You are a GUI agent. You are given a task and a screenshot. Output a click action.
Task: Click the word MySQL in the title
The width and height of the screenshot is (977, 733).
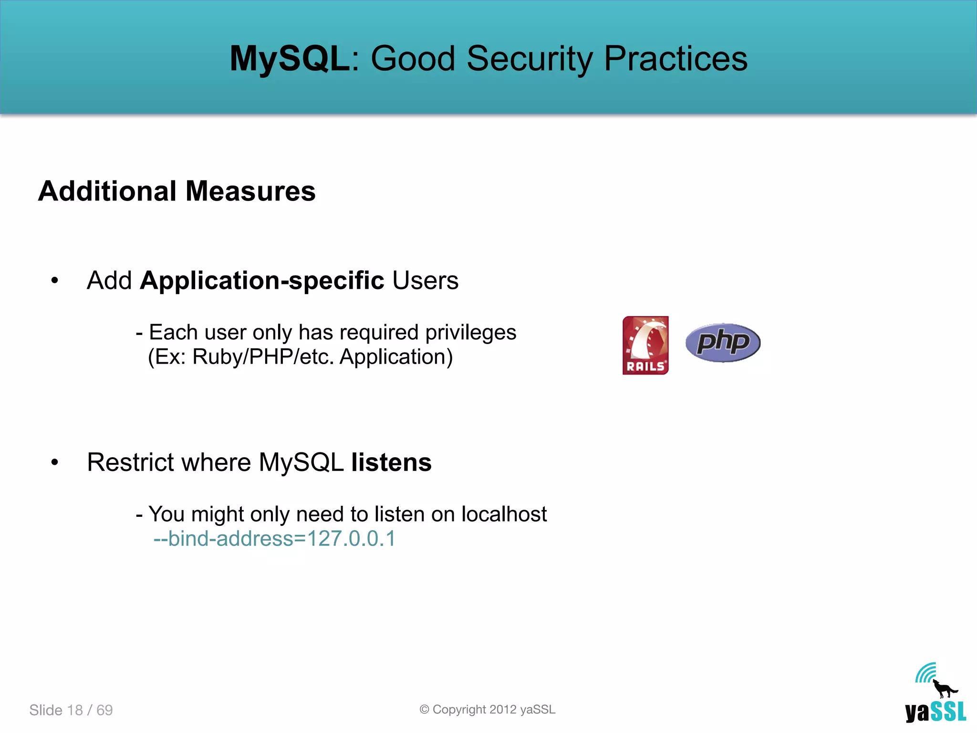[290, 58]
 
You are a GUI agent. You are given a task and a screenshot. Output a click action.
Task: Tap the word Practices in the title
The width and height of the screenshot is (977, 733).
[676, 58]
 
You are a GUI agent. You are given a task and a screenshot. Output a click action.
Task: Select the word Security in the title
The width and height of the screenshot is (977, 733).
[530, 58]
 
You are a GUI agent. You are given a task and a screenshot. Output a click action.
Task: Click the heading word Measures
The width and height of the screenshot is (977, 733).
[250, 191]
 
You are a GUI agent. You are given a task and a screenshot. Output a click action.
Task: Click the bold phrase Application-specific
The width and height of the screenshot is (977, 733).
[262, 281]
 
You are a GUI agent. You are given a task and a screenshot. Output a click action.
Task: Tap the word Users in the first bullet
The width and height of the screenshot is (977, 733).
[425, 281]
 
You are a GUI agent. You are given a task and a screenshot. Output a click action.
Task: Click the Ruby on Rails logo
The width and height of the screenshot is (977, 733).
[645, 345]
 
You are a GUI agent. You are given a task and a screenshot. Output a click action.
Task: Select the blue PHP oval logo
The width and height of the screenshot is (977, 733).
[723, 343]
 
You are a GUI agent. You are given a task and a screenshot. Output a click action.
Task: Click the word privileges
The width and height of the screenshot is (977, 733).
[470, 333]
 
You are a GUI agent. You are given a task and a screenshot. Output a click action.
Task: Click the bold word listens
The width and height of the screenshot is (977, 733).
[391, 462]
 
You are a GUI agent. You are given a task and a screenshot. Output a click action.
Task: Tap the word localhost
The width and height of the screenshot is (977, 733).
[504, 514]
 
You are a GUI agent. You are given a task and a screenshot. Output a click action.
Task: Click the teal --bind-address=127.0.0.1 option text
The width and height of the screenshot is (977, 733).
[274, 539]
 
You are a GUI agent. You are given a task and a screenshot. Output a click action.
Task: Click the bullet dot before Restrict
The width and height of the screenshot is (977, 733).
[55, 462]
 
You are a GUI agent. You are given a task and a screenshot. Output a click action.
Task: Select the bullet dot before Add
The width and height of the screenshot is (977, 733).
[55, 281]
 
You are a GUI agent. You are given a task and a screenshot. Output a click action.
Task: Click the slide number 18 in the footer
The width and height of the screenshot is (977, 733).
[75, 710]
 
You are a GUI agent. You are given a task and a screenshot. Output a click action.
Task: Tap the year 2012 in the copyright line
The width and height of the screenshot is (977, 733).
[503, 710]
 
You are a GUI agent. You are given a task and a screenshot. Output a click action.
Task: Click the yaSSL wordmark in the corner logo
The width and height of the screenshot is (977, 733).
[935, 712]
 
